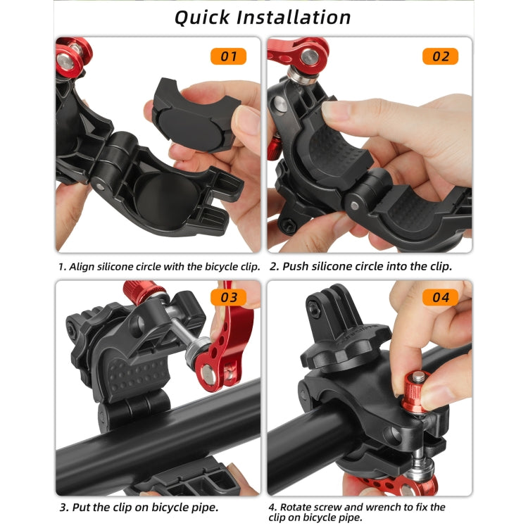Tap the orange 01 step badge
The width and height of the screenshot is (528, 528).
pos(229,56)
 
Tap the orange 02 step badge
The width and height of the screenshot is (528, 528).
pos(440,56)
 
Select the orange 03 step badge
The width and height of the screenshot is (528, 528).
pos(229,297)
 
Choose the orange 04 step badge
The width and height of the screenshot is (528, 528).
pos(440,297)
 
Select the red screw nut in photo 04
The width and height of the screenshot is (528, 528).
pos(419,386)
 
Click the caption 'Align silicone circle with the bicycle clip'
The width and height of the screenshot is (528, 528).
pos(159,267)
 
